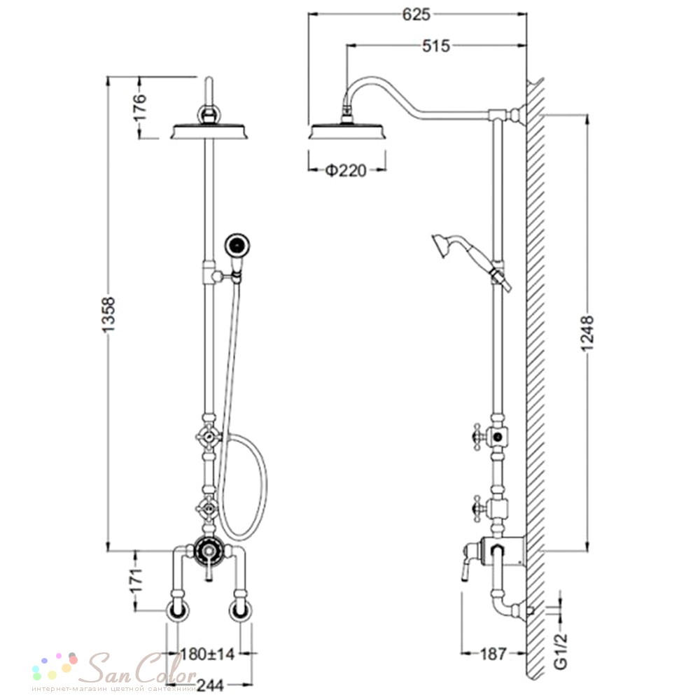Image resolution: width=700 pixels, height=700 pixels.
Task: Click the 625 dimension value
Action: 416,14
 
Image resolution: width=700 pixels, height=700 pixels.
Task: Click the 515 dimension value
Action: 436,45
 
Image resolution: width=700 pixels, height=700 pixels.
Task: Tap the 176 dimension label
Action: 140,106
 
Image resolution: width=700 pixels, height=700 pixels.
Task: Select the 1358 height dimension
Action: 109,314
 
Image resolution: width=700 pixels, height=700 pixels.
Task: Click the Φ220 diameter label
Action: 346,170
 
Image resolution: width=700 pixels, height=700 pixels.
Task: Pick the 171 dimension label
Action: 137,580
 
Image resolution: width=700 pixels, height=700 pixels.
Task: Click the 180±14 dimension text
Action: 207,654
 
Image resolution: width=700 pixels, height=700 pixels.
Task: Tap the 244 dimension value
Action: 211,685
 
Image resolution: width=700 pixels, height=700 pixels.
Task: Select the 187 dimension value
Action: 493,654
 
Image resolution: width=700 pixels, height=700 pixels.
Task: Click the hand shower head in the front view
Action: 237,245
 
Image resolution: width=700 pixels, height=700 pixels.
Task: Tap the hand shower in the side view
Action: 471,261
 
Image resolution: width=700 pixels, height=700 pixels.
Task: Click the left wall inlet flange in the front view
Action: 178,610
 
